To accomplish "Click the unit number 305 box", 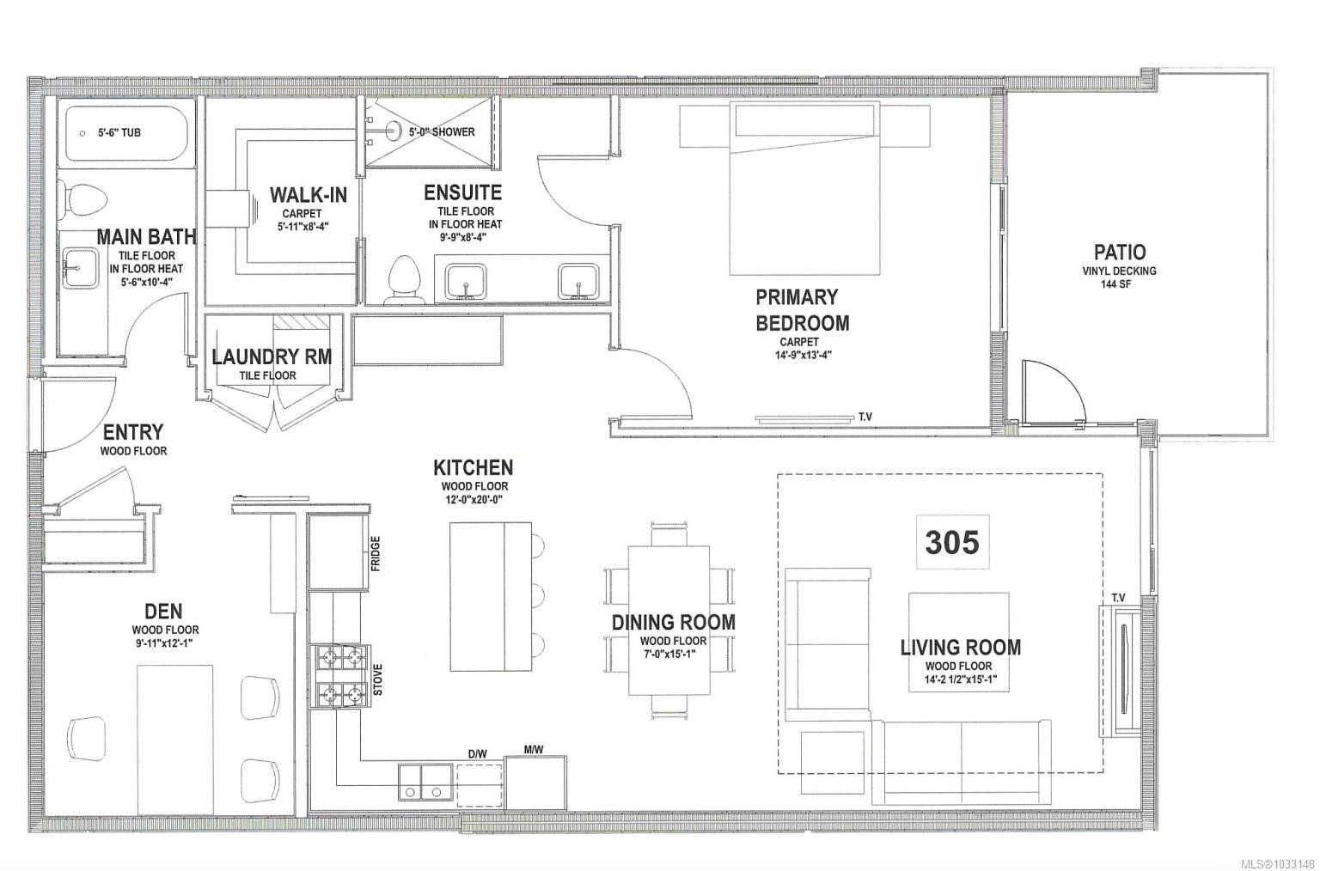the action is click(952, 542).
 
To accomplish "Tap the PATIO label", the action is click(1120, 252).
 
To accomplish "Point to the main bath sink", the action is click(82, 269).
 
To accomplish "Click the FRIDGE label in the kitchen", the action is click(376, 553).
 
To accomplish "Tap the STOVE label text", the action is click(378, 679).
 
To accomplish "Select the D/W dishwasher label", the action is click(477, 754).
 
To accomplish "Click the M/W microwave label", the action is click(534, 750).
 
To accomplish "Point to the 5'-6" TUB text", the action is click(119, 132).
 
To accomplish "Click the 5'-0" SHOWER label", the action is click(442, 132).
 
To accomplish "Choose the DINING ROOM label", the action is click(674, 623).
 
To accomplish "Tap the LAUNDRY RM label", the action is click(272, 356).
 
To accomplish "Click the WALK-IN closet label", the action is click(309, 195).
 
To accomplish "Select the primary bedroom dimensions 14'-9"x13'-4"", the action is click(803, 355).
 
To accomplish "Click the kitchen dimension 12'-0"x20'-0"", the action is click(474, 499).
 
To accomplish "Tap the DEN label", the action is click(164, 611).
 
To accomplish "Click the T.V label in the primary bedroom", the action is click(865, 417).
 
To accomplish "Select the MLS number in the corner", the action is click(1277, 864).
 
